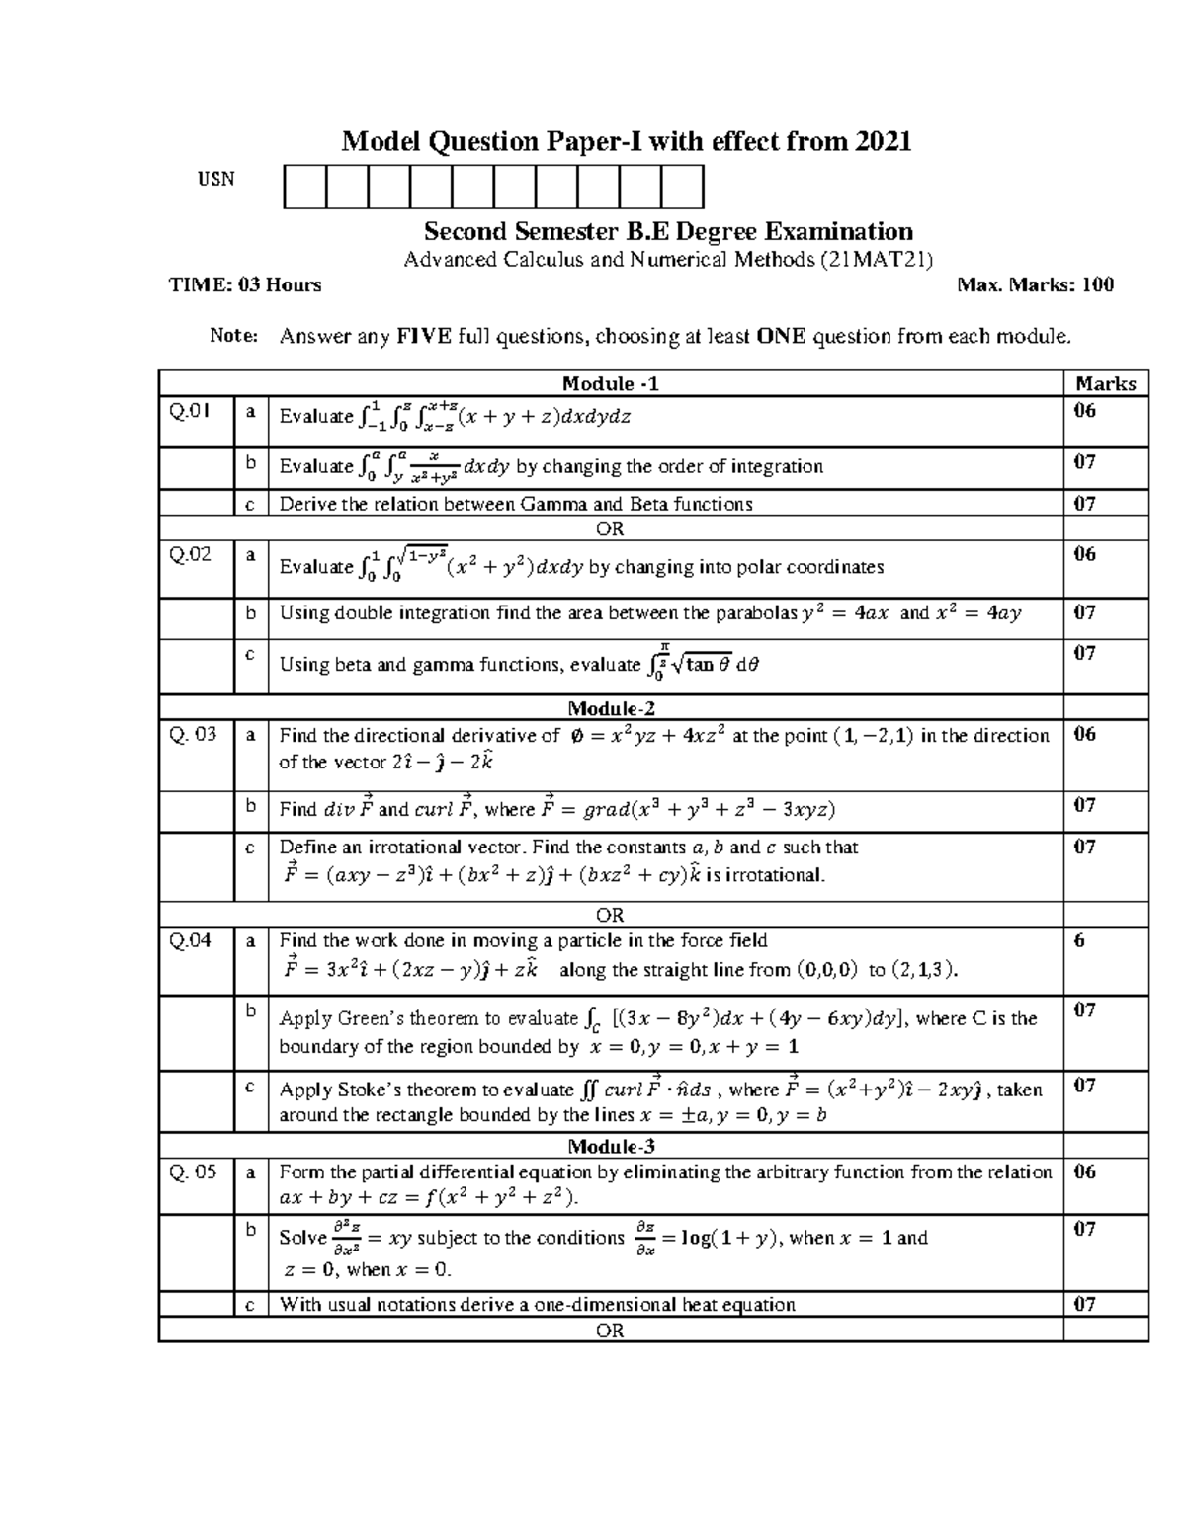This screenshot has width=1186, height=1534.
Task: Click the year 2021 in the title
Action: point(883,142)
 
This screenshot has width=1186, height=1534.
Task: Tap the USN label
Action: point(215,179)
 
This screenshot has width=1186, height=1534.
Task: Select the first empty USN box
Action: point(304,188)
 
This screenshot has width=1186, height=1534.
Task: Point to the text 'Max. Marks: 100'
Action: point(1035,285)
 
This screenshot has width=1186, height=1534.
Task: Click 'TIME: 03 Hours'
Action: point(245,285)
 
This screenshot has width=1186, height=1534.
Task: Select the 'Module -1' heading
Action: point(611,383)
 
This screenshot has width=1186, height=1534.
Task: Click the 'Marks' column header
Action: point(1105,383)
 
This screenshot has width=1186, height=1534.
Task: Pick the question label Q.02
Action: point(190,554)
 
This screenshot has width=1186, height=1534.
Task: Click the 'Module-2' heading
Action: point(611,708)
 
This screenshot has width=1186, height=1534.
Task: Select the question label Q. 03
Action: point(192,734)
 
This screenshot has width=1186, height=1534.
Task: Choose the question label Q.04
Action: point(190,940)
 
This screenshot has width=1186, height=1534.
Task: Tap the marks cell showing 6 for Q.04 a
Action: point(1079,940)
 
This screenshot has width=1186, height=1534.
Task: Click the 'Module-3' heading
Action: point(611,1147)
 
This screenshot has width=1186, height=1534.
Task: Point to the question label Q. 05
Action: point(192,1172)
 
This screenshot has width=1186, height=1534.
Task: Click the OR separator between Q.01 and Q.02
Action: point(611,528)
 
